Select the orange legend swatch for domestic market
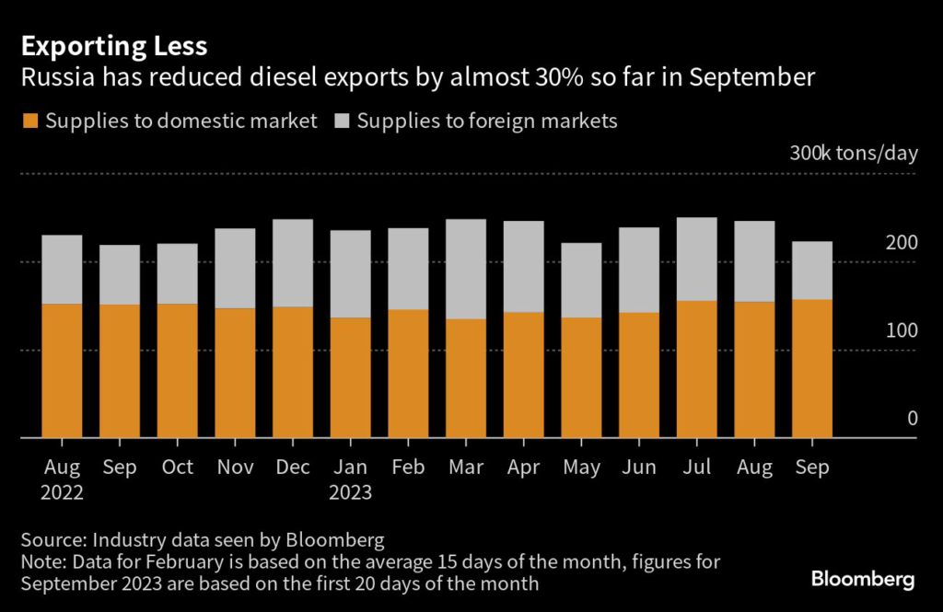(x=30, y=121)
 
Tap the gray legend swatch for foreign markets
(x=341, y=121)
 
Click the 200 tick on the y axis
(x=902, y=243)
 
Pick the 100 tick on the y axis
(x=902, y=330)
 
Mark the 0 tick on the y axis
(x=913, y=419)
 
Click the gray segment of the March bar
(x=466, y=269)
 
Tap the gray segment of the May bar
(x=581, y=280)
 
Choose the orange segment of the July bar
(x=697, y=369)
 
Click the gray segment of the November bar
(x=235, y=268)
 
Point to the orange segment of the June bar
(x=639, y=375)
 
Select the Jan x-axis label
(x=350, y=468)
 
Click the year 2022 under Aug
(x=62, y=492)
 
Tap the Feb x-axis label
(x=408, y=468)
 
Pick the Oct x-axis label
(x=177, y=468)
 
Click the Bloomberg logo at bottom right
(x=863, y=579)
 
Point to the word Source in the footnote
(x=50, y=539)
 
